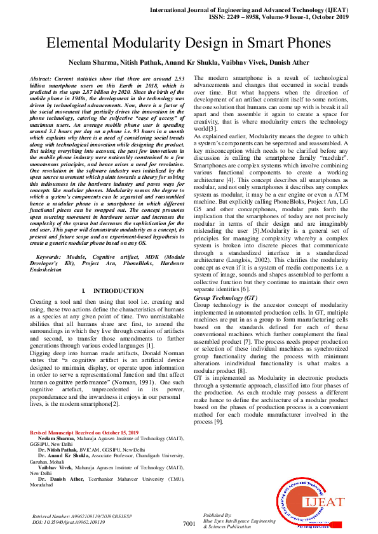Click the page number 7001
pyautogui.click(x=189, y=524)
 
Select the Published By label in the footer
pyautogui.click(x=217, y=516)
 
